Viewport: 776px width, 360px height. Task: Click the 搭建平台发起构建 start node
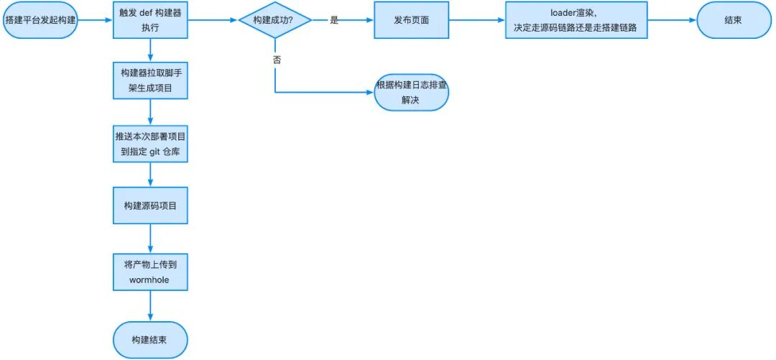(x=40, y=20)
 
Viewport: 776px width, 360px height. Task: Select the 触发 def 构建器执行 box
(x=150, y=20)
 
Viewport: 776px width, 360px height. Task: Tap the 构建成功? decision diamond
(x=275, y=20)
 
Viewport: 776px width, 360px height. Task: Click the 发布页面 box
(x=411, y=20)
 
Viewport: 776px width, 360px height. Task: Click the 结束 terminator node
(x=733, y=20)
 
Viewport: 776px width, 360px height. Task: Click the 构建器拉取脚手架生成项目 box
(x=150, y=80)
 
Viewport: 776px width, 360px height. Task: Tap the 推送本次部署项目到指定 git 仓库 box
(x=150, y=143)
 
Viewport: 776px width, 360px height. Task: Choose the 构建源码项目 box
(x=150, y=206)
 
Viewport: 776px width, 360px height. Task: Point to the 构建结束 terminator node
(x=150, y=339)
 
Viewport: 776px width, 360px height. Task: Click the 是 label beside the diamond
(x=334, y=20)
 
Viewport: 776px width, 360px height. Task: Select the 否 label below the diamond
(x=277, y=60)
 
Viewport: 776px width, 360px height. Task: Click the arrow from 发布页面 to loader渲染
(x=477, y=20)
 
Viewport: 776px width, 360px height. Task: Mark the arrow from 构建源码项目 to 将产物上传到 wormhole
(x=150, y=238)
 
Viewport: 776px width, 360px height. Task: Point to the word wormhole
(x=150, y=280)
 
